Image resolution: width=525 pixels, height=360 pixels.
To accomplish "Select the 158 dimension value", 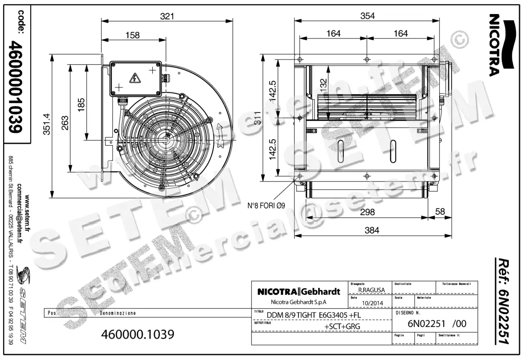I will click(133, 35).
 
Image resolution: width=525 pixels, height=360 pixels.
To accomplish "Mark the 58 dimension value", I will click(440, 212).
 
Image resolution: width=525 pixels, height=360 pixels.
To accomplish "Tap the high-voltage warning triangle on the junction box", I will click(134, 79).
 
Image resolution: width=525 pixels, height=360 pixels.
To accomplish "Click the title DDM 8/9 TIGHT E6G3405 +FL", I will click(314, 315).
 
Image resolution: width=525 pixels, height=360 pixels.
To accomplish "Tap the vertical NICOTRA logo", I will click(494, 44).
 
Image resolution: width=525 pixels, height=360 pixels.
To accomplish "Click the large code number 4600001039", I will click(17, 87).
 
